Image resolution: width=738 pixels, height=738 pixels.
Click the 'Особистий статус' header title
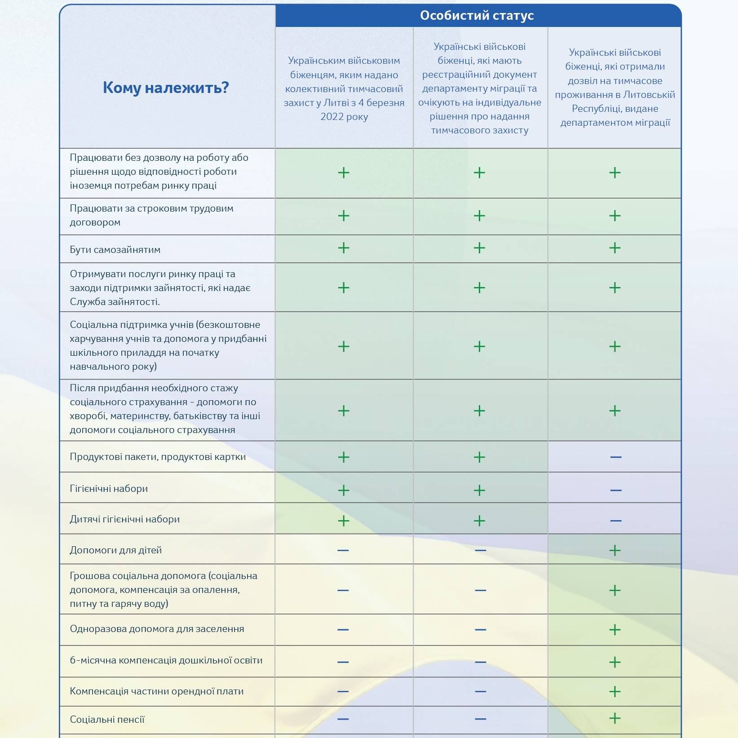(477, 16)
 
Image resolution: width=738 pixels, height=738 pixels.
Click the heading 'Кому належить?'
(166, 87)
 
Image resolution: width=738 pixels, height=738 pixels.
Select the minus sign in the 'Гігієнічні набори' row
(616, 490)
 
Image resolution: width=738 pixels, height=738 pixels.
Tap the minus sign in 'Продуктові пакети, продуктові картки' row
(616, 457)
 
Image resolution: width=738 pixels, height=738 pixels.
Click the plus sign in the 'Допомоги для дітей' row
(615, 550)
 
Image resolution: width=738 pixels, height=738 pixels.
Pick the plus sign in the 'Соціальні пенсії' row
(615, 718)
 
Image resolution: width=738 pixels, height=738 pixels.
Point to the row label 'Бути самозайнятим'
(115, 250)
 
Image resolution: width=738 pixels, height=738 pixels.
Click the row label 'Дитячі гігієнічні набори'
(125, 519)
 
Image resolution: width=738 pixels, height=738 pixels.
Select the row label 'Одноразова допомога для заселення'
(157, 629)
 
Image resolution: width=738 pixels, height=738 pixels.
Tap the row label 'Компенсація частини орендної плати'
(157, 691)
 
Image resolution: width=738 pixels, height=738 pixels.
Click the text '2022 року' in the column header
(344, 117)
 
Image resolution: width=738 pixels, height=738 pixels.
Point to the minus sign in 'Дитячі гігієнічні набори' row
(616, 521)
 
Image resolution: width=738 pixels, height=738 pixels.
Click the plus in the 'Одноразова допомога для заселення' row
(615, 630)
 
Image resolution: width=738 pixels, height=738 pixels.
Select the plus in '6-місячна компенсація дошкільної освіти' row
(615, 662)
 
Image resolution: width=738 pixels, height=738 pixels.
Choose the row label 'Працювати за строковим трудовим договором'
(151, 215)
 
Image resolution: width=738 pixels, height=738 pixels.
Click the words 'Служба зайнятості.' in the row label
(115, 302)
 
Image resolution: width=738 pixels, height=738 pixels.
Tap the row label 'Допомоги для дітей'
(116, 550)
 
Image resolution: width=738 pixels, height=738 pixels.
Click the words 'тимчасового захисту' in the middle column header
(480, 130)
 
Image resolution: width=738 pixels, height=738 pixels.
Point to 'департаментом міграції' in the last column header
(615, 123)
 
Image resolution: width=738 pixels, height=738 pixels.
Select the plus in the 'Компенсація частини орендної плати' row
(615, 691)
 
